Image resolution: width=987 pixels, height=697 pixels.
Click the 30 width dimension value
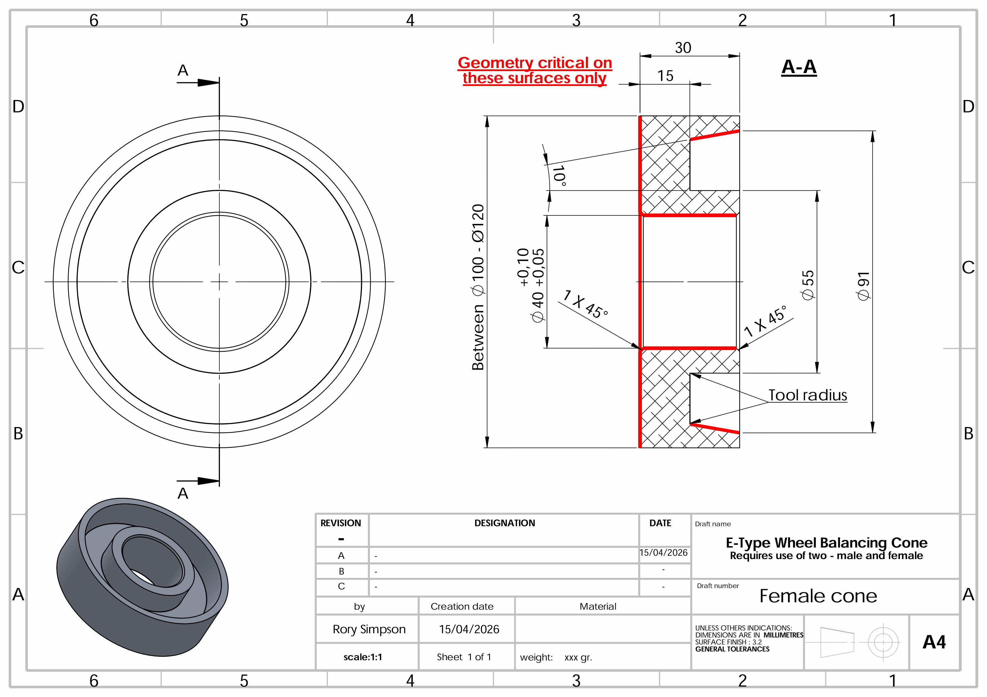click(683, 48)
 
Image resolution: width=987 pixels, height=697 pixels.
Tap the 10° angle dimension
click(559, 176)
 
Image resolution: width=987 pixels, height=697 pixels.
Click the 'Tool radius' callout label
click(807, 395)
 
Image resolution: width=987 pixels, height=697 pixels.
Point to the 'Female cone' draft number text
click(818, 596)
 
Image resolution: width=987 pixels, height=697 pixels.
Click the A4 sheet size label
click(934, 642)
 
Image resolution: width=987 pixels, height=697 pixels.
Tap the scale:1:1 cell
click(363, 657)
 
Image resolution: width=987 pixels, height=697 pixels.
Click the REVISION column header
click(340, 523)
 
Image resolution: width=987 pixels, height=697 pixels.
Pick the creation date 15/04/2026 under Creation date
click(469, 630)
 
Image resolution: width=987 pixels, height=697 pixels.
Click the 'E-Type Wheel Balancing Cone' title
click(826, 543)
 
